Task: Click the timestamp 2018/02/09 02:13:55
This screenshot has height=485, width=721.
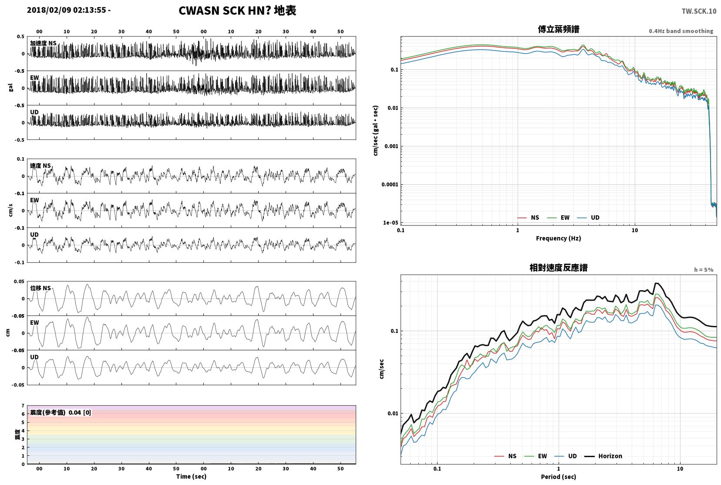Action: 67,10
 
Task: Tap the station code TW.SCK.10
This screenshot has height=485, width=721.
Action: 699,11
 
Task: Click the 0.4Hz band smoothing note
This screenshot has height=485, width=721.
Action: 681,31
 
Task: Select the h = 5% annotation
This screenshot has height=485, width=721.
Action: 704,270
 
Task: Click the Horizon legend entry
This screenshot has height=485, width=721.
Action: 603,456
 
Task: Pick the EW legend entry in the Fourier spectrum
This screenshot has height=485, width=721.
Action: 559,218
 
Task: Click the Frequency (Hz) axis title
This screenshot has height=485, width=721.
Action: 559,238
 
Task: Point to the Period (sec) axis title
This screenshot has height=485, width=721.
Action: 559,477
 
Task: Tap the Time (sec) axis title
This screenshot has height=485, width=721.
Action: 191,476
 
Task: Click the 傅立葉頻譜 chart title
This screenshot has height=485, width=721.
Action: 559,29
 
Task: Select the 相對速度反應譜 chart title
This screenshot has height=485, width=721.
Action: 559,268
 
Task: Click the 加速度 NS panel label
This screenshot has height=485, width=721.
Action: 43,43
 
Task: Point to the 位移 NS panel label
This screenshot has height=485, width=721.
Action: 40,288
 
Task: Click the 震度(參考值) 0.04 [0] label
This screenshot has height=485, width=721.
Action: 61,413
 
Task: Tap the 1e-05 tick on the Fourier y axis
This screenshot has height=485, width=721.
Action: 391,223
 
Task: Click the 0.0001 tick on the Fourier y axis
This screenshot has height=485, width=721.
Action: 390,184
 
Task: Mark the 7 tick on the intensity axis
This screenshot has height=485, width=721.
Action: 23,405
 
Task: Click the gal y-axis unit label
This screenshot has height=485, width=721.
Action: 10,88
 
